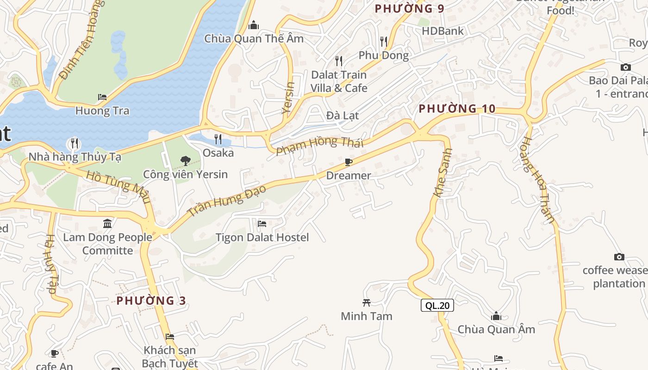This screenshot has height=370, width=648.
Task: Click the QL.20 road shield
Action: click(x=437, y=305)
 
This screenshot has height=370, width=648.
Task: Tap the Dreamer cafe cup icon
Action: click(x=349, y=162)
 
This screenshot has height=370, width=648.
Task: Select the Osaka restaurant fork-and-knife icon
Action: click(x=218, y=139)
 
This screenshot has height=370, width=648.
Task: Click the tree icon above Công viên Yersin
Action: click(x=185, y=161)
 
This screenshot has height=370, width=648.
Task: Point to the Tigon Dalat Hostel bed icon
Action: click(x=262, y=224)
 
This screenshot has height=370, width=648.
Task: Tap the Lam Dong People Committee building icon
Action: click(x=107, y=224)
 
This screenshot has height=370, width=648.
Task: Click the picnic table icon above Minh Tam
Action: click(x=367, y=302)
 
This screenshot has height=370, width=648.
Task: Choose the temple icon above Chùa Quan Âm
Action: click(x=496, y=316)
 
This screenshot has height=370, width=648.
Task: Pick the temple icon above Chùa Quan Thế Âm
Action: click(x=254, y=25)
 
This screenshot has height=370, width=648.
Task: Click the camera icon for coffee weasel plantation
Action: click(x=619, y=257)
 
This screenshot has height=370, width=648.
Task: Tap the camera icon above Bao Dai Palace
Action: click(x=625, y=67)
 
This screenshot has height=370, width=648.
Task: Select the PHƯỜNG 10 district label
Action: click(x=457, y=109)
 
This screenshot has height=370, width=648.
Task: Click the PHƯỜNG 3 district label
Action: click(x=151, y=301)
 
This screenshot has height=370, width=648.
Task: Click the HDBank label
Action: click(x=442, y=31)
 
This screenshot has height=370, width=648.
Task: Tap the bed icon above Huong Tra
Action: click(x=102, y=97)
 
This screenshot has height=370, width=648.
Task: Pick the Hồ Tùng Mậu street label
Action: click(x=118, y=186)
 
